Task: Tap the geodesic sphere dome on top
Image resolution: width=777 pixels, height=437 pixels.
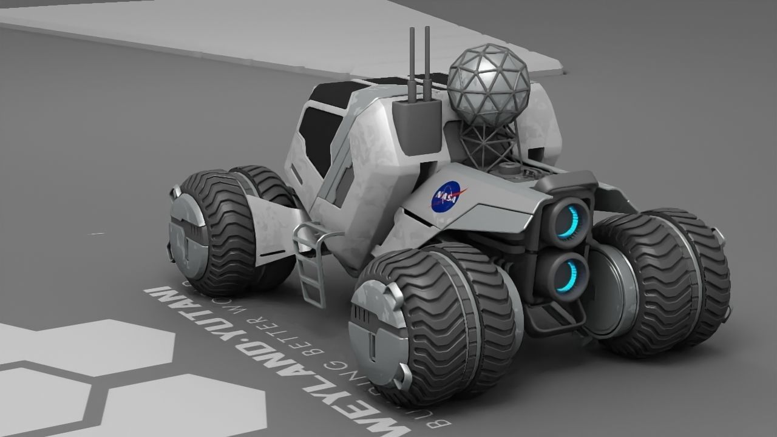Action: tap(489, 86)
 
